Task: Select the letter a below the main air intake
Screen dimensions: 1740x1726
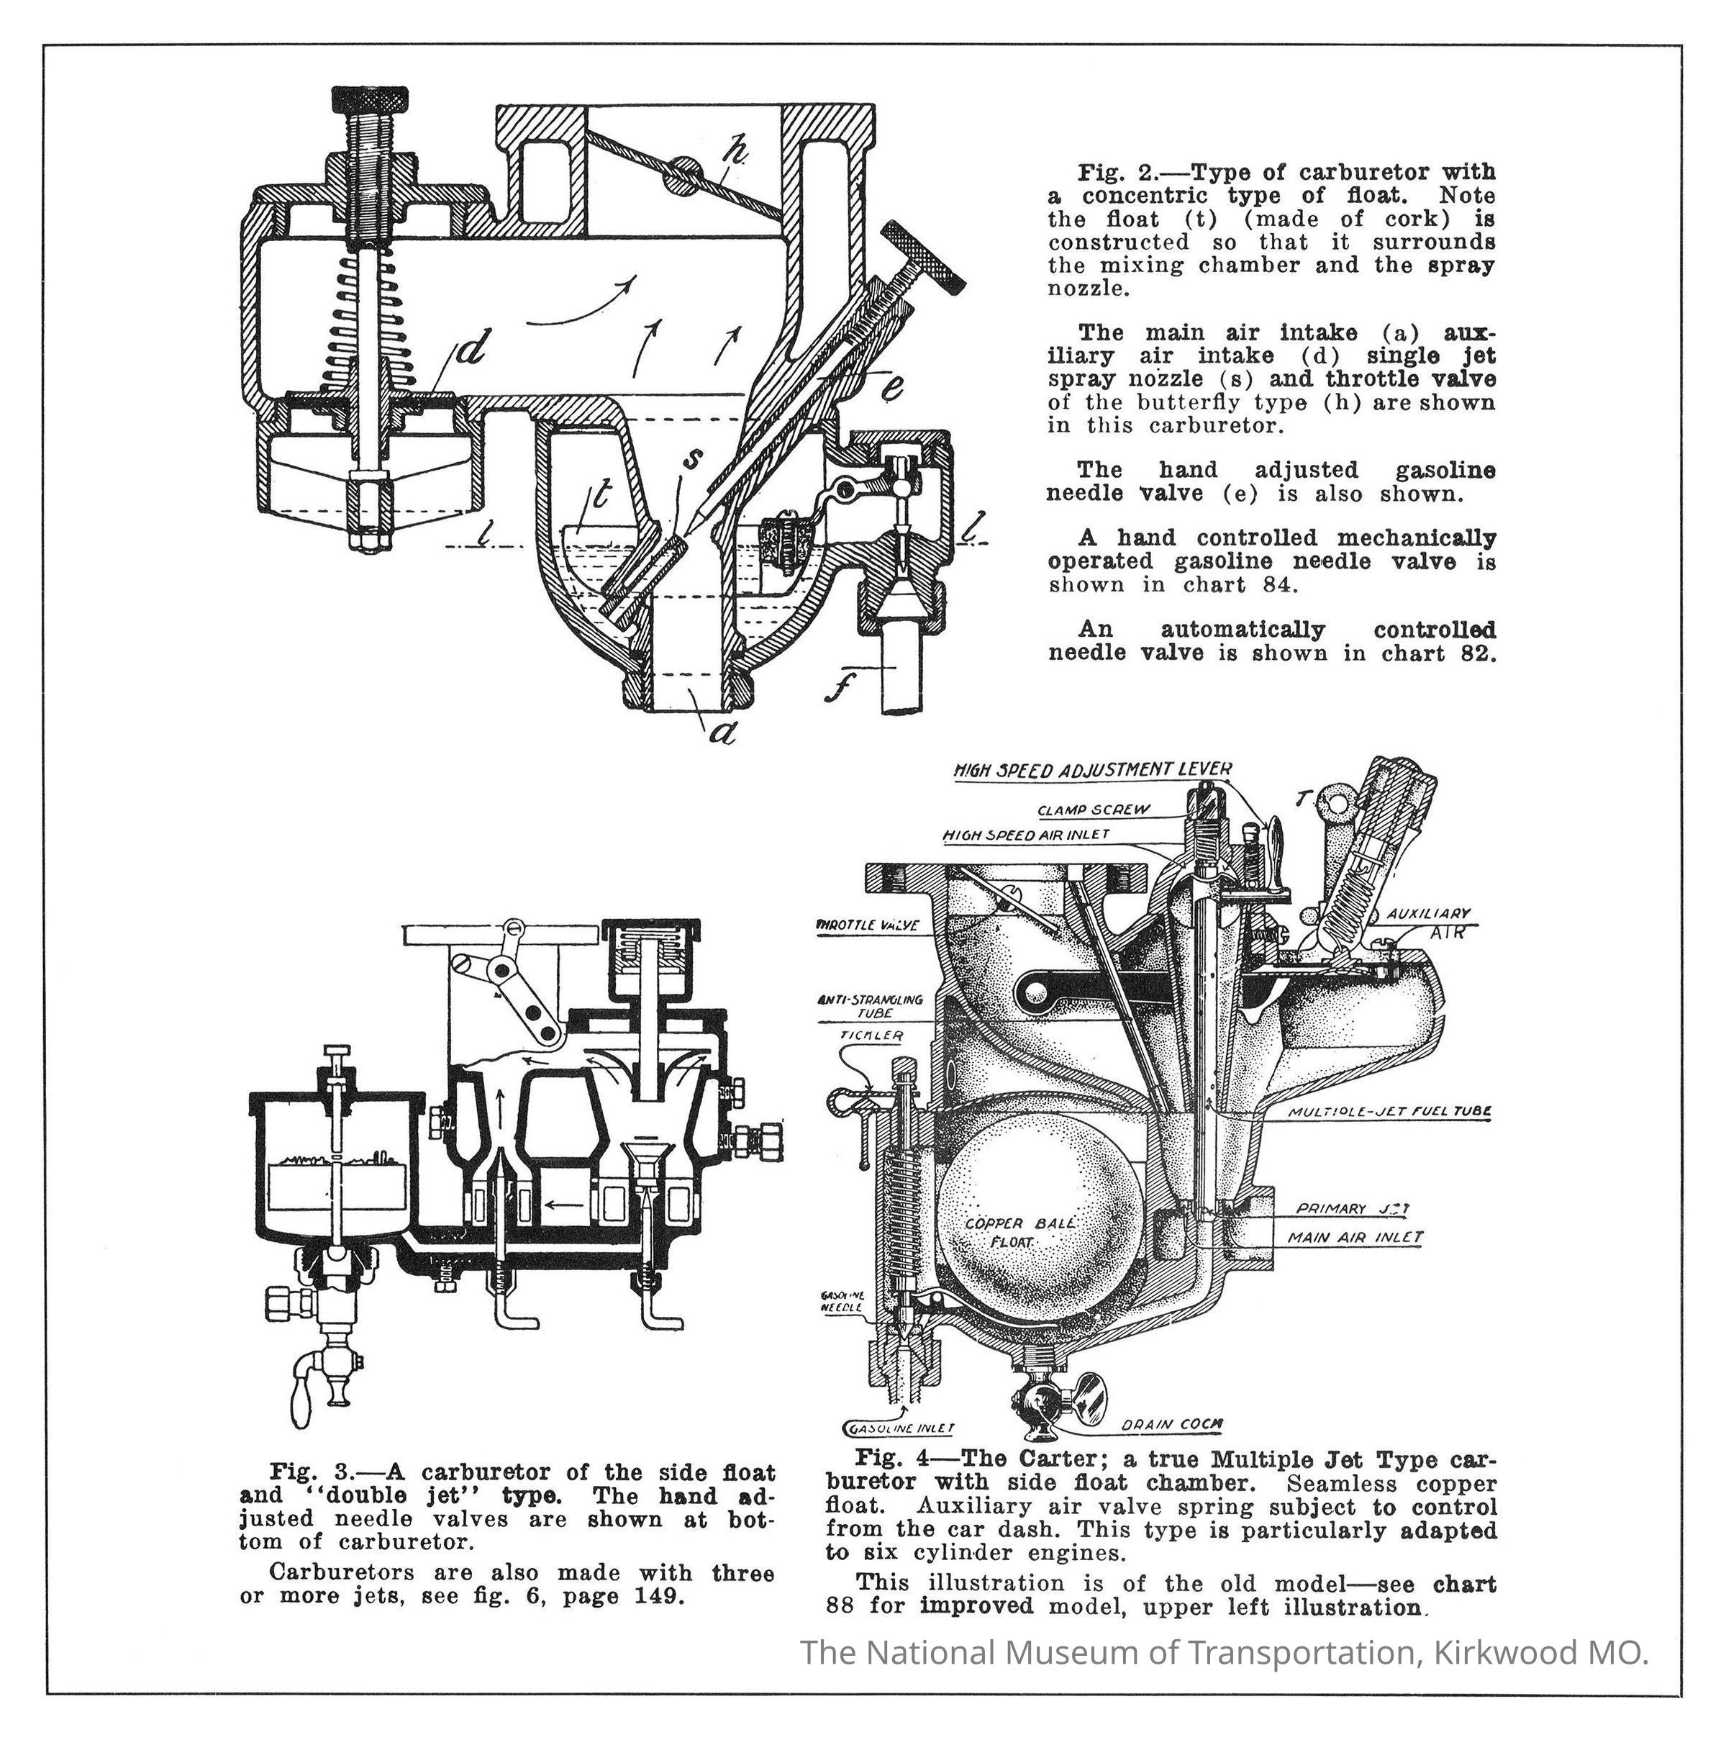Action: click(x=721, y=734)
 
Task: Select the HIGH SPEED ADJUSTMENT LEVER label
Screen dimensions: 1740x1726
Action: click(x=1092, y=770)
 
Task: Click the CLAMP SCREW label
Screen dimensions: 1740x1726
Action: click(x=1093, y=810)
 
